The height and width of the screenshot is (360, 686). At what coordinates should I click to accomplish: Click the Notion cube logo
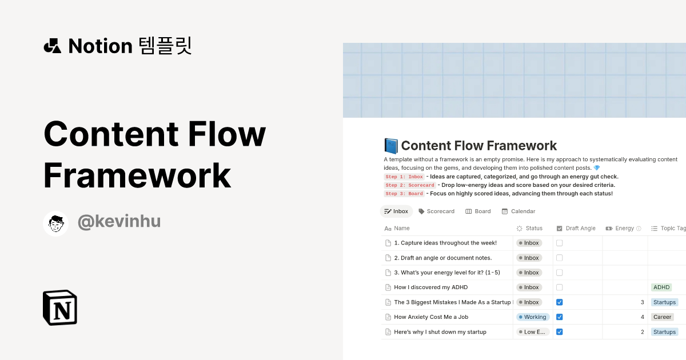click(60, 307)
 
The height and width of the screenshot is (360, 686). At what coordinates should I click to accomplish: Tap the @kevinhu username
click(119, 222)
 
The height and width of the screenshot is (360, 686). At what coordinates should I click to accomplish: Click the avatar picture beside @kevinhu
click(56, 223)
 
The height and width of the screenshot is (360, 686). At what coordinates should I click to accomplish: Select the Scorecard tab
click(437, 211)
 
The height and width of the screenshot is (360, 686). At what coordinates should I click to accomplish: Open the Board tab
click(478, 211)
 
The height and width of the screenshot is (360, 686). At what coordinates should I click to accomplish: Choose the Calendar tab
click(519, 211)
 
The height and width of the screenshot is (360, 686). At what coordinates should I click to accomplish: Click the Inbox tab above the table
click(396, 211)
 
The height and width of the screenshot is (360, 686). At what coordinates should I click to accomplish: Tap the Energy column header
click(624, 229)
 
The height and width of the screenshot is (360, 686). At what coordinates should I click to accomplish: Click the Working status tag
click(532, 317)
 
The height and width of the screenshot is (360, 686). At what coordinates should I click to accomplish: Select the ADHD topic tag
click(661, 287)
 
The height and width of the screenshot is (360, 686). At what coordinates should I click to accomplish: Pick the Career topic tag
click(663, 317)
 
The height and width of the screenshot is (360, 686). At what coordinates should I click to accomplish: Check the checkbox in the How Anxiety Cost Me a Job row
click(560, 317)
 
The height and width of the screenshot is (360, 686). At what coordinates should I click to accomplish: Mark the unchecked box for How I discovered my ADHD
click(560, 287)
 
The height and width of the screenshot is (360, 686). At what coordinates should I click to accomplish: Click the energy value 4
click(642, 317)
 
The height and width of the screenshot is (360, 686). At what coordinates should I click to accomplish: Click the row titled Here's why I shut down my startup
click(440, 332)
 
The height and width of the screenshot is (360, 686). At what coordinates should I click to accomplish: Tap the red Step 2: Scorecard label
click(409, 185)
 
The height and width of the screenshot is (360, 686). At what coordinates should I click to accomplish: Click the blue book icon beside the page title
click(391, 146)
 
